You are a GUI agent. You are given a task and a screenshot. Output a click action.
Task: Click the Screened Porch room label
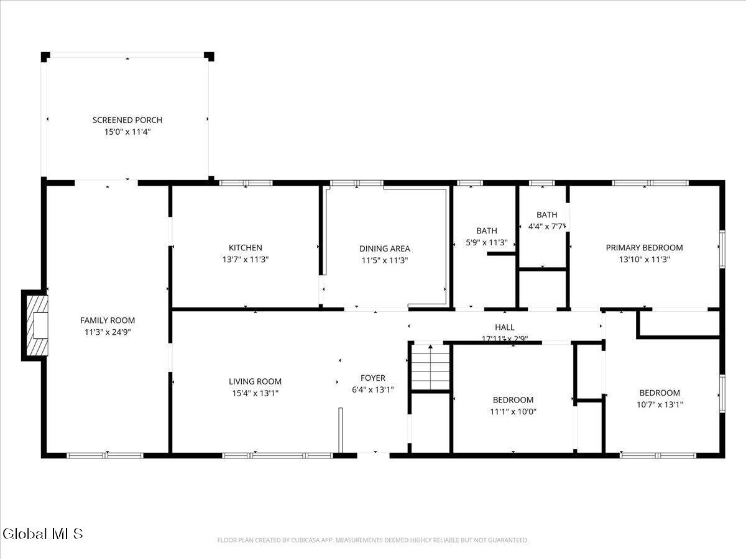(x=127, y=120)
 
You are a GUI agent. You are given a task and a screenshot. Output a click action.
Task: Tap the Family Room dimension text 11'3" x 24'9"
(x=108, y=332)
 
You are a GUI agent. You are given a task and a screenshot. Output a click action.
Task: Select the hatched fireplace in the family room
(x=37, y=325)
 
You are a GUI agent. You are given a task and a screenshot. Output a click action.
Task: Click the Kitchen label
(x=246, y=247)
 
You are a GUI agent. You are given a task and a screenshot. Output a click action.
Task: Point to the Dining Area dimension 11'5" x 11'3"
(x=385, y=260)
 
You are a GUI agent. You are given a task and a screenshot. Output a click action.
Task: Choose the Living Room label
(x=255, y=381)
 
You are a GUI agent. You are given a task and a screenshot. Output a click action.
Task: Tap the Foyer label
(x=373, y=378)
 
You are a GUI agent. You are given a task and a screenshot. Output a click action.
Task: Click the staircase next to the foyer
(x=431, y=367)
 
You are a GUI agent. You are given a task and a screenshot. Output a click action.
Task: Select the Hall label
(x=505, y=327)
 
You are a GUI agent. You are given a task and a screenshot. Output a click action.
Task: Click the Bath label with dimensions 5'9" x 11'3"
(x=487, y=231)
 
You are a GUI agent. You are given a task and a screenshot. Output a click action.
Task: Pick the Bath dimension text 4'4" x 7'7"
(x=547, y=226)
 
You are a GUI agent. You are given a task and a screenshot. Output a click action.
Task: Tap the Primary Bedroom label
(x=645, y=247)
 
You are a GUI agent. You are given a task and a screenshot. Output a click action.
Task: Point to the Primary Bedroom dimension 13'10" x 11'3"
(x=645, y=259)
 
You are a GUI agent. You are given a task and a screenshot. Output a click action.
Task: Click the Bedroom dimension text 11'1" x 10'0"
(x=513, y=412)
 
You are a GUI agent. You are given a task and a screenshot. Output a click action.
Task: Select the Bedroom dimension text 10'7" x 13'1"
(x=660, y=404)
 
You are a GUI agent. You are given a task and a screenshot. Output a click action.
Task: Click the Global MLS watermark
(x=42, y=534)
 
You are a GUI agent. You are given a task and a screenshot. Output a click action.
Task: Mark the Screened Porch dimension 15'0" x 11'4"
(x=127, y=132)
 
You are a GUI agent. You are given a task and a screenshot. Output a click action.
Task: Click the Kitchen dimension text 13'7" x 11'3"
(x=246, y=259)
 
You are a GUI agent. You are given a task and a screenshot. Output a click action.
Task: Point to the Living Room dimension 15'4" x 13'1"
(x=255, y=393)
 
